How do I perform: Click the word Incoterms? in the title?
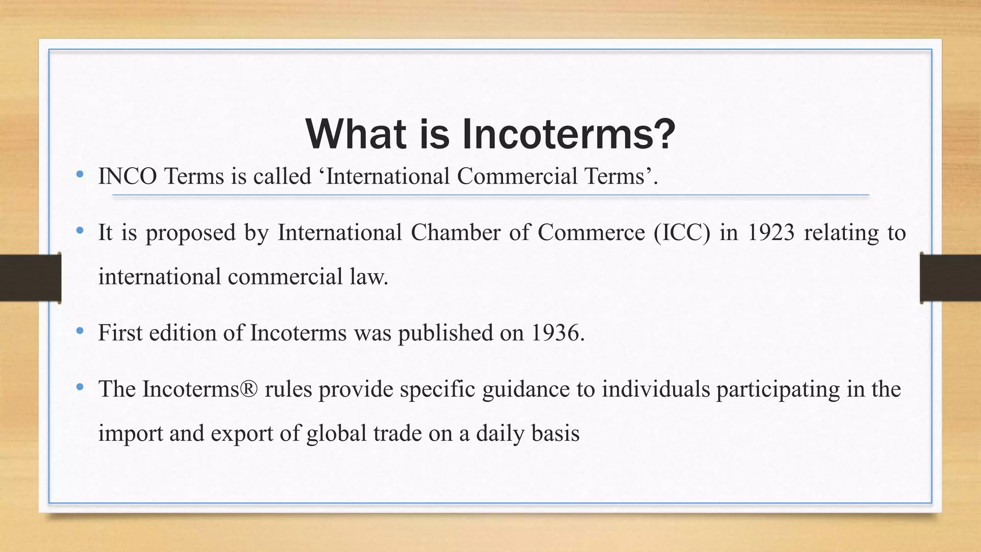point(569,134)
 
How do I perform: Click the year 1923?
point(771,233)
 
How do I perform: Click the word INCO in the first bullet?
point(127,176)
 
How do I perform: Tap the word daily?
point(500,434)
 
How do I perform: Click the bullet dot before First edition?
point(80,331)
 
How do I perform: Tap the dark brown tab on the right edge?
point(950,278)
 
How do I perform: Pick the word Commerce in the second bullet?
point(591,233)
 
